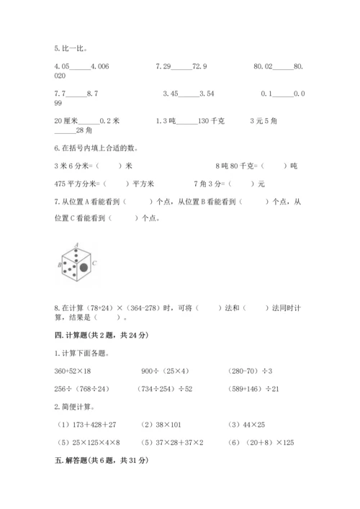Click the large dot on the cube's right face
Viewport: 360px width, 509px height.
[84, 268]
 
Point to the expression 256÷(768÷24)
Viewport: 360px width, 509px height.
[79, 389]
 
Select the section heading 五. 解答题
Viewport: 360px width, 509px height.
[97, 461]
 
